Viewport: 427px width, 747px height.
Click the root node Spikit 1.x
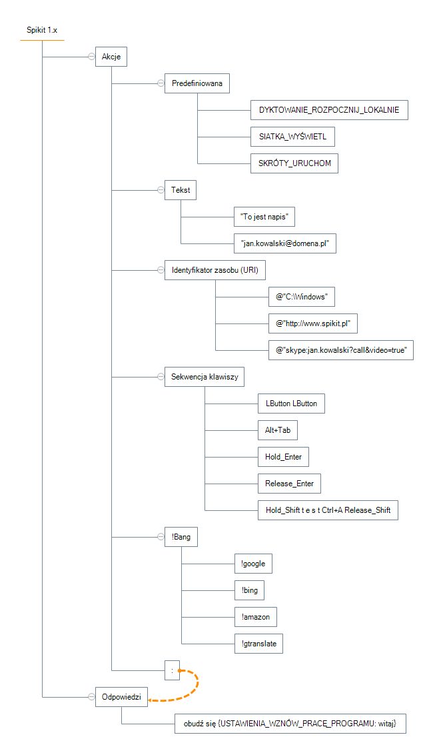pyautogui.click(x=42, y=31)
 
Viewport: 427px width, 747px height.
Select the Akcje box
pyautogui.click(x=111, y=57)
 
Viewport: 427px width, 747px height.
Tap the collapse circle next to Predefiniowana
pyautogui.click(x=161, y=83)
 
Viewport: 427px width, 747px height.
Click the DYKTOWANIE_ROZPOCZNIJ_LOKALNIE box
pyautogui.click(x=329, y=110)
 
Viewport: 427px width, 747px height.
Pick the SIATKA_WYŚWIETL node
pyautogui.click(x=292, y=137)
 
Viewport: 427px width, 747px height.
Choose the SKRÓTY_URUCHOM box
pyautogui.click(x=294, y=163)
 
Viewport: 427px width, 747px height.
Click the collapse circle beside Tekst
pyautogui.click(x=161, y=190)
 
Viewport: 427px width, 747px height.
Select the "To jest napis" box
pyautogui.click(x=264, y=217)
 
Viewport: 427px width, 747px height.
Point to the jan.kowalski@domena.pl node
pyautogui.click(x=285, y=243)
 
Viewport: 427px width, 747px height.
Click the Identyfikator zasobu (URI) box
pyautogui.click(x=214, y=270)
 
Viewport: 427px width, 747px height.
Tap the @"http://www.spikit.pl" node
pyautogui.click(x=312, y=323)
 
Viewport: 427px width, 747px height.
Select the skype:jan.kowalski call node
pyautogui.click(x=341, y=350)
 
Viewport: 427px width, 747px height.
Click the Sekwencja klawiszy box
pyautogui.click(x=205, y=377)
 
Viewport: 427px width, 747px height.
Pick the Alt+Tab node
pyautogui.click(x=278, y=430)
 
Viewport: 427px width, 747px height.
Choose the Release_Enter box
pyautogui.click(x=289, y=484)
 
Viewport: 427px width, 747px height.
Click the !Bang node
pyautogui.click(x=181, y=537)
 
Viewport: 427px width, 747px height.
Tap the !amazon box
pyautogui.click(x=256, y=617)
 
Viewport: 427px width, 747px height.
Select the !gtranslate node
pyautogui.click(x=258, y=644)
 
